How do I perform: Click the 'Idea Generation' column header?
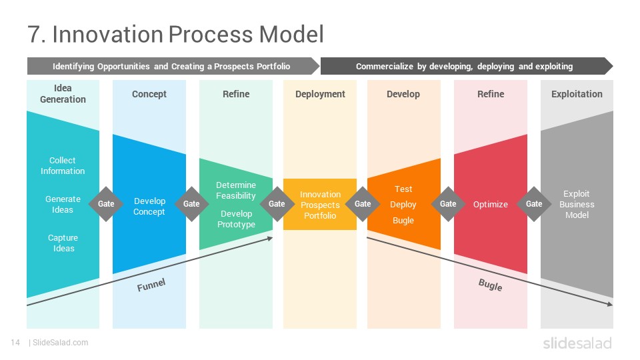pos(63,93)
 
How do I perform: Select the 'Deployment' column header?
pos(320,94)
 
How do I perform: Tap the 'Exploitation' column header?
pos(577,94)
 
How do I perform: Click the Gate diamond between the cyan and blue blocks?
pos(106,204)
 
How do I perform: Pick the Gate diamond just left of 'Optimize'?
pos(448,204)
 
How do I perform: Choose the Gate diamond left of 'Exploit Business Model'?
pos(534,204)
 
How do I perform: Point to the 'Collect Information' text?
pos(63,166)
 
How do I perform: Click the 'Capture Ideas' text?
pos(63,243)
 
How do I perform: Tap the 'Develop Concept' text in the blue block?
pos(149,206)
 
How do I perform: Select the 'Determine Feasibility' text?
pos(236,190)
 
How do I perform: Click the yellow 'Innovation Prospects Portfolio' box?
pos(320,204)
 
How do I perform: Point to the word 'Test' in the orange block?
pos(403,189)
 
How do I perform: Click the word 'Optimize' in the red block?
pos(490,204)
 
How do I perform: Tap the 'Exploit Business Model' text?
pos(577,204)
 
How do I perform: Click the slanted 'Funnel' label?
pos(151,285)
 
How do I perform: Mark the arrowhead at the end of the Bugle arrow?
pos(610,304)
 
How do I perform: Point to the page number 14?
pos(15,343)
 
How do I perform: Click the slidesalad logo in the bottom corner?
pos(577,343)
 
